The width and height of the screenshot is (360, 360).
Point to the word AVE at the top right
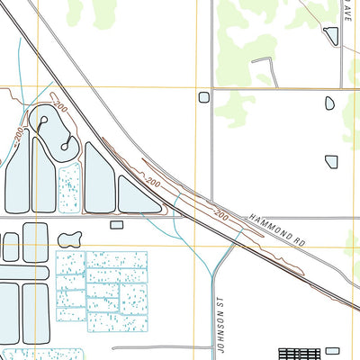344,13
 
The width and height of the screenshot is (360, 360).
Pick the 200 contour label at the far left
19,135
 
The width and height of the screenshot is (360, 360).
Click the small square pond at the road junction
203,96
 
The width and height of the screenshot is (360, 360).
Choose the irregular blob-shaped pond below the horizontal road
69,238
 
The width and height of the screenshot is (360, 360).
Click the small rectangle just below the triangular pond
116,224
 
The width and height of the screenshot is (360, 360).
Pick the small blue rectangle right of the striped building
333,351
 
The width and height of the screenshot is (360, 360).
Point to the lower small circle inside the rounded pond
67,141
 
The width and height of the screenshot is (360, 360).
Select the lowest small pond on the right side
331,160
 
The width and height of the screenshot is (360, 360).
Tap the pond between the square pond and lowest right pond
329,103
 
